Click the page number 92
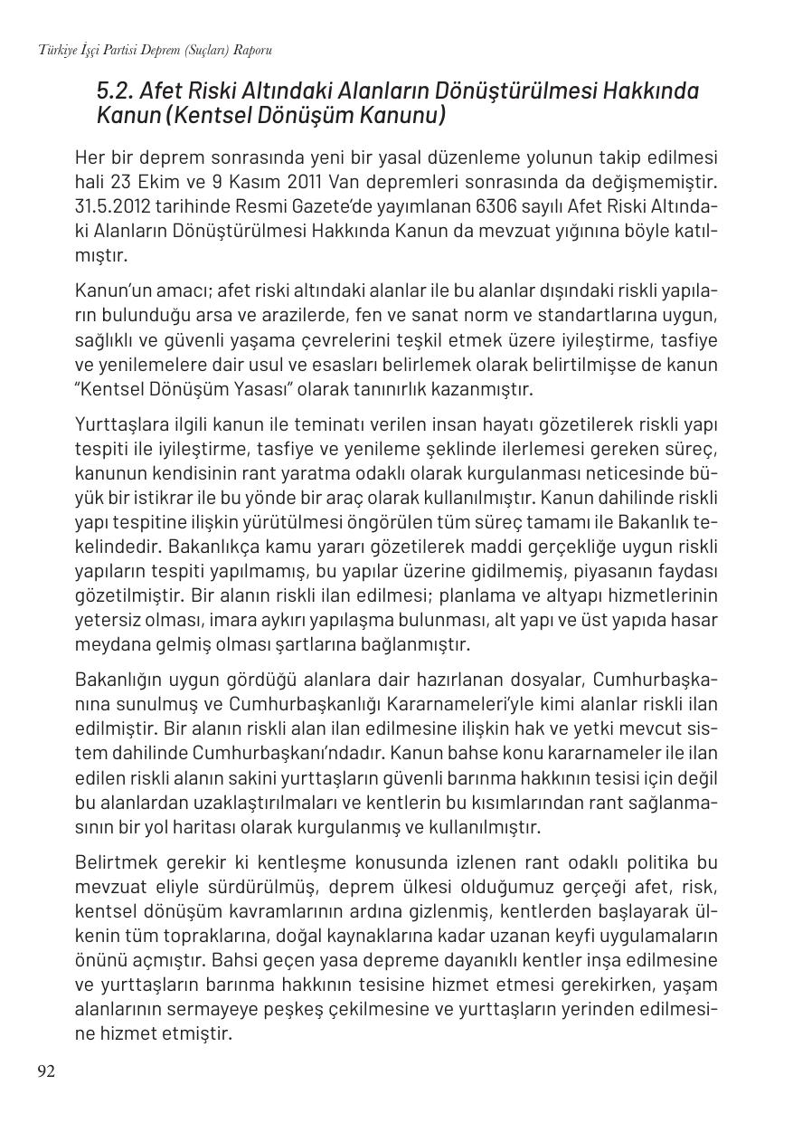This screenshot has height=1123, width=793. (x=46, y=1071)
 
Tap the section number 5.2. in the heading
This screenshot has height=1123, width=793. (x=116, y=91)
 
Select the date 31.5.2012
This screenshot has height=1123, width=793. (x=113, y=207)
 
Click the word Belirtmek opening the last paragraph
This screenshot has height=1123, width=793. (x=111, y=861)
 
